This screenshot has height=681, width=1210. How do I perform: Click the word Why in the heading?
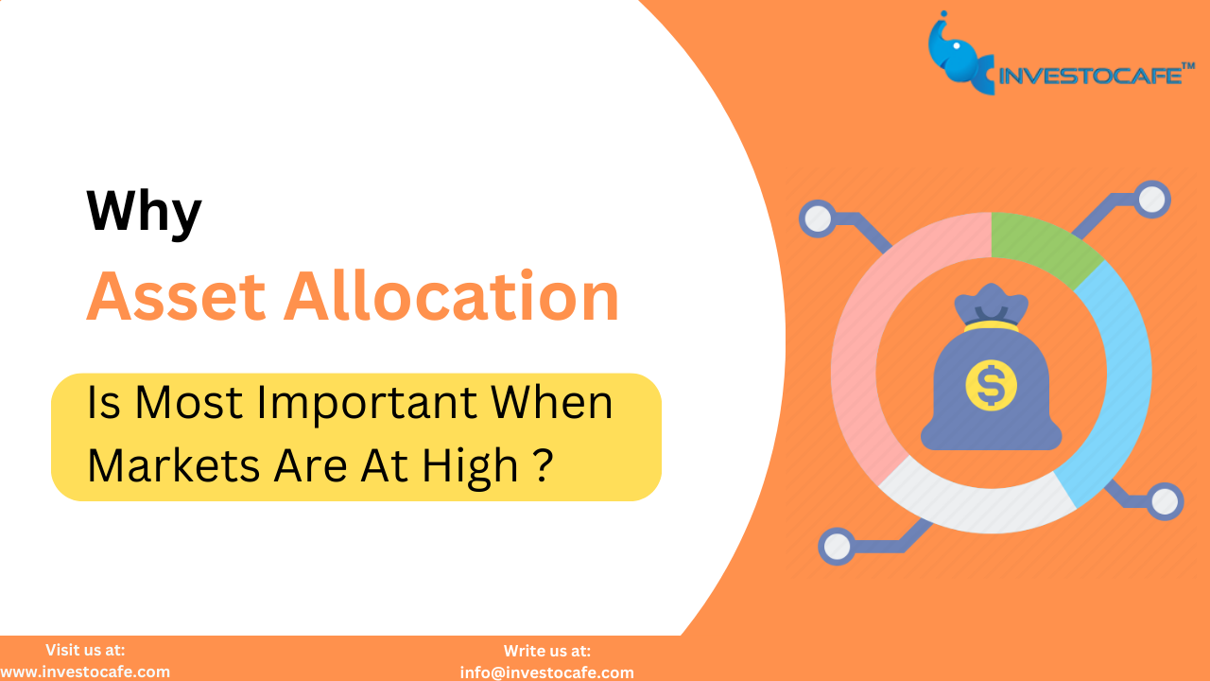144,213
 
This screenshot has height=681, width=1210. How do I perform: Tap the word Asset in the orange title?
176,296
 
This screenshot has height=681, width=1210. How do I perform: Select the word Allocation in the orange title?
452,295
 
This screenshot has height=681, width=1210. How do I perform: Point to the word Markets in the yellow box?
174,465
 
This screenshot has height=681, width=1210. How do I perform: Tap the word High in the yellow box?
471,467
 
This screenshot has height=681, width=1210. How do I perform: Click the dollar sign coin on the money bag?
992,386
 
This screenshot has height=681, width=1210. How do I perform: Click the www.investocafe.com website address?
84,672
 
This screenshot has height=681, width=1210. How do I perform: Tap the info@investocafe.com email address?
546,672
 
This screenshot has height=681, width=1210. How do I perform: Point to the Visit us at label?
85,650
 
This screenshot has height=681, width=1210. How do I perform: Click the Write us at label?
547,651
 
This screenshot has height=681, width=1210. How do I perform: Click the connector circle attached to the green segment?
1151,200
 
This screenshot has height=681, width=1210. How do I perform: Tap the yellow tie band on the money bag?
992,326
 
